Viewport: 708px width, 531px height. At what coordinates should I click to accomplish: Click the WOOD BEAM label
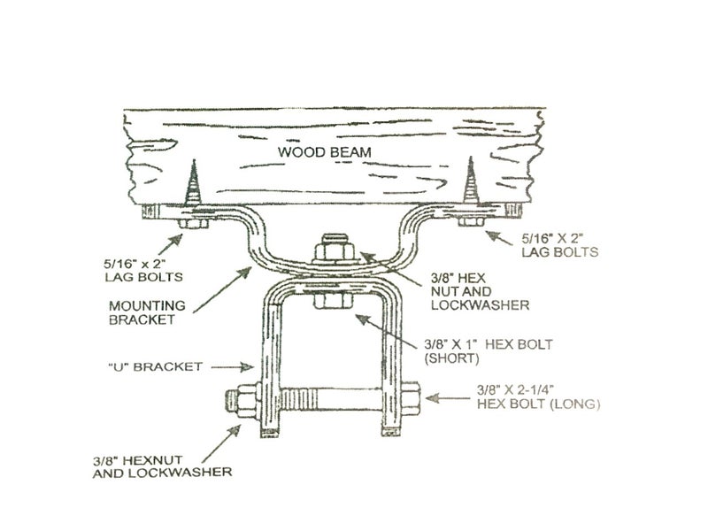coord(324,152)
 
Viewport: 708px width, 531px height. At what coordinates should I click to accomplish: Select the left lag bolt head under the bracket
coord(193,224)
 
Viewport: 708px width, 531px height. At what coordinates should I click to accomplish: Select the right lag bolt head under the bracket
coord(472,221)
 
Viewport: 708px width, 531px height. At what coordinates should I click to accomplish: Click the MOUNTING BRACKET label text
coord(147,312)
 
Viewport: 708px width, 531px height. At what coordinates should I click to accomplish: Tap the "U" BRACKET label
coord(156,366)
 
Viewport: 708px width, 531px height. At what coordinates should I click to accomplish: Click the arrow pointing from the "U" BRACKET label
coord(232,367)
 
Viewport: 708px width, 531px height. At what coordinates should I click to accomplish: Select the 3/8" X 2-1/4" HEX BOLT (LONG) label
coord(538,396)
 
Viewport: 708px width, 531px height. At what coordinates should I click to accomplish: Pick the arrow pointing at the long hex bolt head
coord(448,398)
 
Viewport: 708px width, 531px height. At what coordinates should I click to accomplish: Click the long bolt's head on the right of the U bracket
coord(411,399)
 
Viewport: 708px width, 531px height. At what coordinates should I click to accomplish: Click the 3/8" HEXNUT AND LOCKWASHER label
coord(162,466)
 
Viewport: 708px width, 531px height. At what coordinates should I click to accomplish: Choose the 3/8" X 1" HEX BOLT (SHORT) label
coord(489,351)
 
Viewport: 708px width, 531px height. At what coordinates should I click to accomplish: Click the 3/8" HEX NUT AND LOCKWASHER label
coord(480,291)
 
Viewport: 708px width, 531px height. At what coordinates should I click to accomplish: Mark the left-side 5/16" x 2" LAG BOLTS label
coord(143,270)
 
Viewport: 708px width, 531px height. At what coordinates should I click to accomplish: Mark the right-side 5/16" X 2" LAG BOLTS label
coord(560,245)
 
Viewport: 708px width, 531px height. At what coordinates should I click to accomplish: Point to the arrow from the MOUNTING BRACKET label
coord(222,289)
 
